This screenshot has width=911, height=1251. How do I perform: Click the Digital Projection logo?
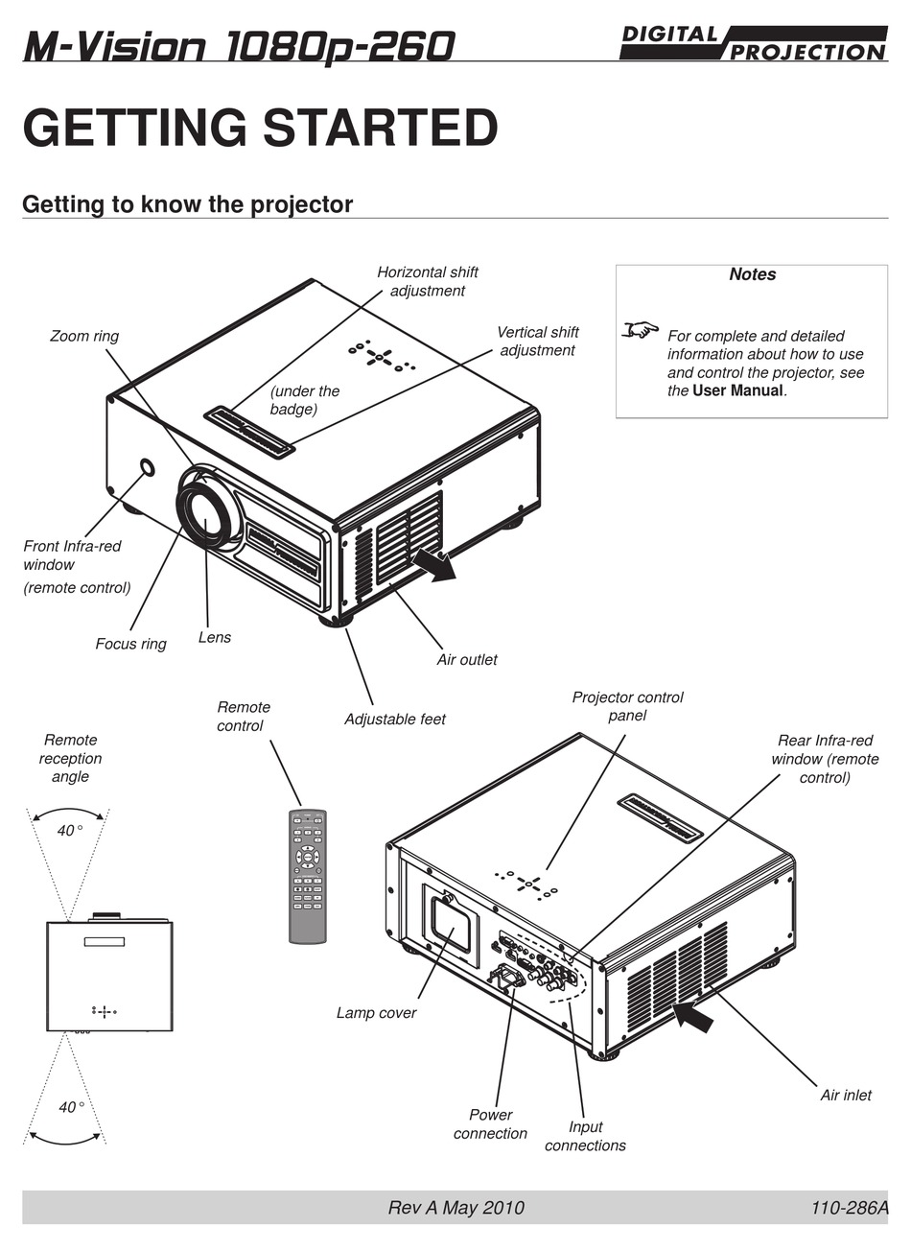[x=753, y=43]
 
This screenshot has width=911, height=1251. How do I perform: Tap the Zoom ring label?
[x=84, y=336]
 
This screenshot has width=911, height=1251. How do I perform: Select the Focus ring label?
[x=130, y=644]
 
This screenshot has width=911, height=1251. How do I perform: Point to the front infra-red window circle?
[x=147, y=467]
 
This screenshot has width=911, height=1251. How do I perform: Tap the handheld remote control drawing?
[x=308, y=876]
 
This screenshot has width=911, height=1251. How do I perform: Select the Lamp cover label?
[x=376, y=1012]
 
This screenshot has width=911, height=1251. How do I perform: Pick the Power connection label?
[x=490, y=1123]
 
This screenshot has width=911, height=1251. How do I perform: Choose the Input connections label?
[x=585, y=1136]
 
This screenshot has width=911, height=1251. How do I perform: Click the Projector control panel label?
[x=627, y=706]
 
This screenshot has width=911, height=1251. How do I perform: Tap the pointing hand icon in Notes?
[x=640, y=330]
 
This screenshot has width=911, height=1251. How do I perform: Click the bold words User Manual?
[x=737, y=390]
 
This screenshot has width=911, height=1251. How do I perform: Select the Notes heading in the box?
[x=752, y=274]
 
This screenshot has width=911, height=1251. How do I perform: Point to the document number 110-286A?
[x=850, y=1208]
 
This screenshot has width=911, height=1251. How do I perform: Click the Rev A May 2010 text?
[x=455, y=1208]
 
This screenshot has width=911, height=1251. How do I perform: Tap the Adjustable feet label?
[x=394, y=719]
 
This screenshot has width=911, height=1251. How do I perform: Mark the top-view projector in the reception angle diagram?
[x=109, y=975]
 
